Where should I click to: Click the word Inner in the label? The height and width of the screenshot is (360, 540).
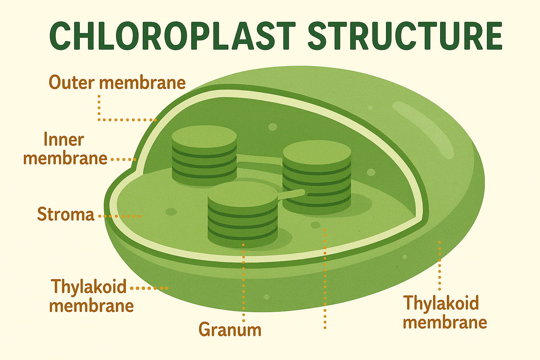[64, 140]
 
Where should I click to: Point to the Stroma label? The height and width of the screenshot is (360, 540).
[66, 214]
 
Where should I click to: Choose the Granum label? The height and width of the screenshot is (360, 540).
[230, 330]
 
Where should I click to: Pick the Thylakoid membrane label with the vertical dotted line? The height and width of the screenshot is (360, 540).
[445, 312]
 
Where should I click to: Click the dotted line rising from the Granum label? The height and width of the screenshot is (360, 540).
[243, 281]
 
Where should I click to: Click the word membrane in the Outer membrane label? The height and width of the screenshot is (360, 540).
[142, 83]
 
